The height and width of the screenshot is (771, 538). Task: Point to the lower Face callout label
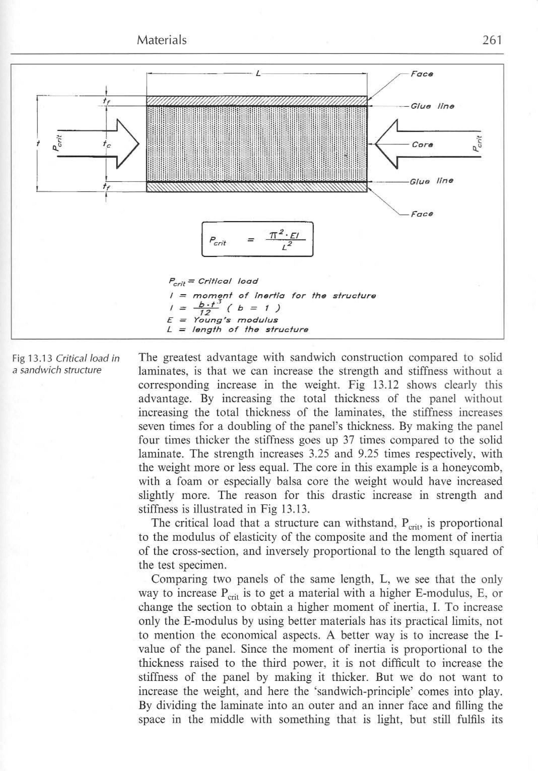422,214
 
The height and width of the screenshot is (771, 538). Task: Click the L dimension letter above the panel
258,73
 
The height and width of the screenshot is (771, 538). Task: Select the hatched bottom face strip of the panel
257,187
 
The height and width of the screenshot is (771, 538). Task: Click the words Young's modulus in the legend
235,320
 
